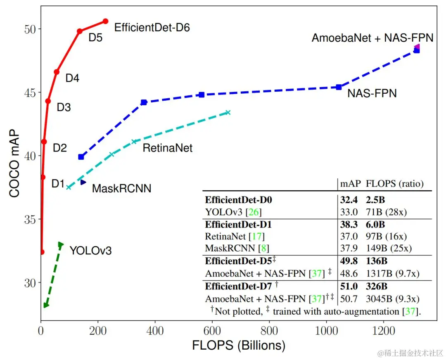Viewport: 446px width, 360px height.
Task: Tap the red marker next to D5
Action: pyautogui.click(x=80, y=31)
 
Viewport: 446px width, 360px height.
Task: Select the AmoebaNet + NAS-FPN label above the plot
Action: pyautogui.click(x=372, y=38)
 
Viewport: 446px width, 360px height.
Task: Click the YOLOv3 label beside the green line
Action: pyautogui.click(x=90, y=250)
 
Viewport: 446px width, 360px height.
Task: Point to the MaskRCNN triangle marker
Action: pyautogui.click(x=83, y=182)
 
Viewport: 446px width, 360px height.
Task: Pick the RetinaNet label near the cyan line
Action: pyautogui.click(x=167, y=147)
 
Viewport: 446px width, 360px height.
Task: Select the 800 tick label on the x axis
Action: pyautogui.click(x=269, y=331)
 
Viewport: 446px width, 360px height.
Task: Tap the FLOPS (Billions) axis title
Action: pyautogui.click(x=239, y=345)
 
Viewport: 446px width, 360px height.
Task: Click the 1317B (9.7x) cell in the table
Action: pyautogui.click(x=387, y=273)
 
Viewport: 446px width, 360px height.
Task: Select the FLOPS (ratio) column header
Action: pyautogui.click(x=395, y=183)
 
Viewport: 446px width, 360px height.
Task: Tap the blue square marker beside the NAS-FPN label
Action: pyautogui.click(x=339, y=87)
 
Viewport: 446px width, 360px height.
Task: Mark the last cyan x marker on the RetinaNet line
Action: pyautogui.click(x=228, y=112)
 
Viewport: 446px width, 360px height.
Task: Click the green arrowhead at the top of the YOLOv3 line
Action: pyautogui.click(x=61, y=245)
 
